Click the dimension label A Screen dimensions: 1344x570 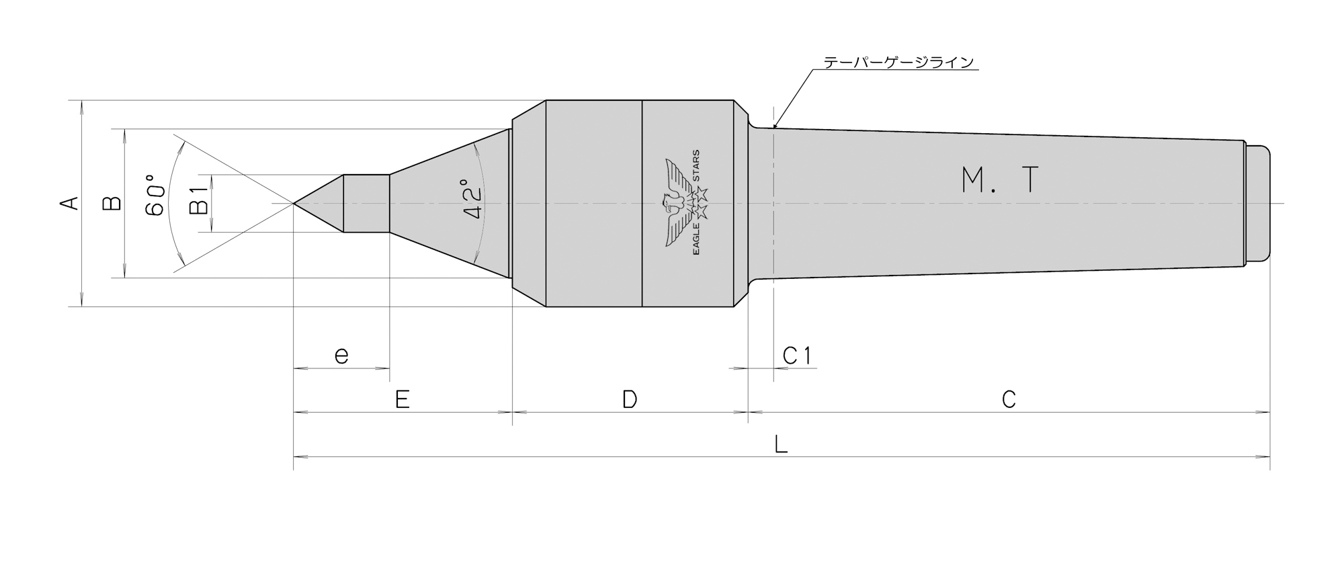71,203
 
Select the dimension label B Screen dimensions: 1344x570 113,203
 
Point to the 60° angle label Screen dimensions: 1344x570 155,195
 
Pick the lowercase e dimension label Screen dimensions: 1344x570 341,355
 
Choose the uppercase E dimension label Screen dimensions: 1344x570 402,400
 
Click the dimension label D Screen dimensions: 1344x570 629,400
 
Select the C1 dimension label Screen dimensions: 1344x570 798,356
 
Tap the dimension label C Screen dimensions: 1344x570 1008,400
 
